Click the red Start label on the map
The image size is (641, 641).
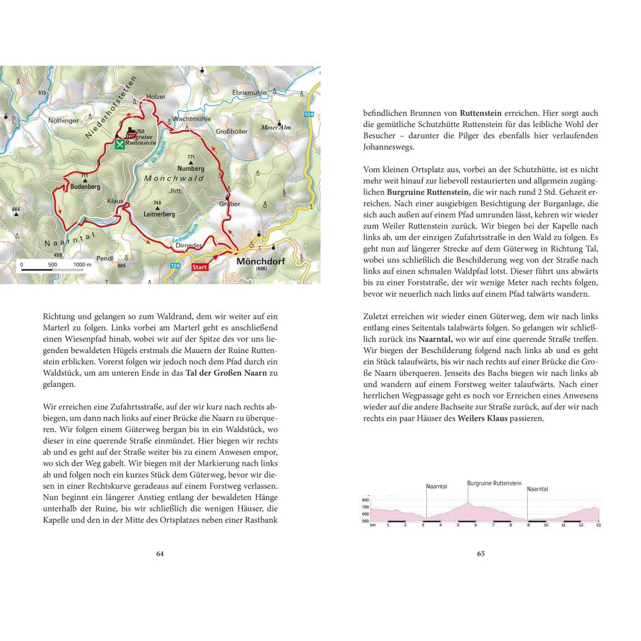[x=199, y=266]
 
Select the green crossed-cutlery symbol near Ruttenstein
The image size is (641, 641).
[x=120, y=144]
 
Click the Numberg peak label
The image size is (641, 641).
[x=190, y=168]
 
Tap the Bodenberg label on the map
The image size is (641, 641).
[x=85, y=187]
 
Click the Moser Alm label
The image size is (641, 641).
[x=276, y=127]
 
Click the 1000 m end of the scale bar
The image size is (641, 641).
[x=81, y=265]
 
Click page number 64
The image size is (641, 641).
[x=160, y=553]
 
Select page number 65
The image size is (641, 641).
[x=481, y=553]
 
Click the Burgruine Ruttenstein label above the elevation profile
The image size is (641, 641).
[x=494, y=483]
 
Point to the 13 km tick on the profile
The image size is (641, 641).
[x=598, y=525]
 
